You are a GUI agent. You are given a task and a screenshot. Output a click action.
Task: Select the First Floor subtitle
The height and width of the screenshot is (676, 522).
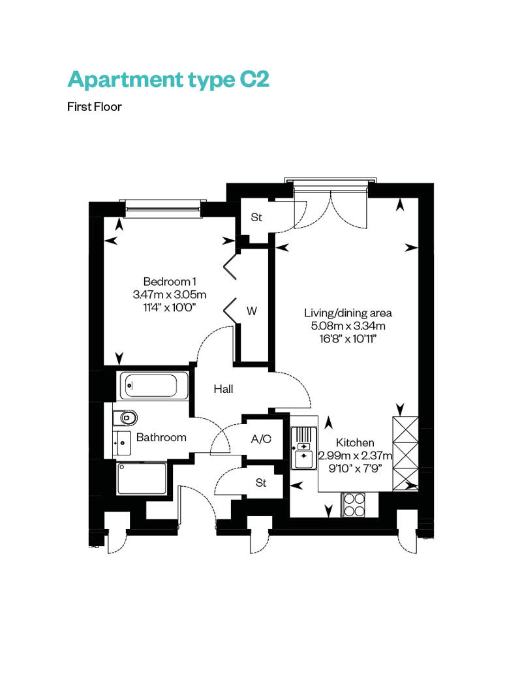click(95, 107)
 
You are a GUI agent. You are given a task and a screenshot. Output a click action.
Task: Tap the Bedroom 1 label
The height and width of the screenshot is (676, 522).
click(170, 281)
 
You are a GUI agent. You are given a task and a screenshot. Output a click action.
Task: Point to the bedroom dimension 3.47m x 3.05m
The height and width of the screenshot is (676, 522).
click(170, 295)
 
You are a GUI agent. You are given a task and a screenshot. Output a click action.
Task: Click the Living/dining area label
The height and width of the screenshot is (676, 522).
click(348, 313)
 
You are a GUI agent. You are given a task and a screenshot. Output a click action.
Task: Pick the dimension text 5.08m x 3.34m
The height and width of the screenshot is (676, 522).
click(348, 326)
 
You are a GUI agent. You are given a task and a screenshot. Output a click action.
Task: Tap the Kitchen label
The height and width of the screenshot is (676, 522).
click(355, 442)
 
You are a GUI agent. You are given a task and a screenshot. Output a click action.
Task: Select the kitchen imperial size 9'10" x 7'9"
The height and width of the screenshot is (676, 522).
click(355, 469)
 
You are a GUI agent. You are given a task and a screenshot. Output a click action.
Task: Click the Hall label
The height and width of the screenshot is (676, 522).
click(223, 389)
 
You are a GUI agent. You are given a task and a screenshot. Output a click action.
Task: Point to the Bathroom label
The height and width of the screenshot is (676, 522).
click(161, 437)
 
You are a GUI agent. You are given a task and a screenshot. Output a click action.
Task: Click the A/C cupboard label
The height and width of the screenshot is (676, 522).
click(261, 439)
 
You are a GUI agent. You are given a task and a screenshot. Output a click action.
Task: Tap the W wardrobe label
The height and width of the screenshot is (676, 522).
click(252, 311)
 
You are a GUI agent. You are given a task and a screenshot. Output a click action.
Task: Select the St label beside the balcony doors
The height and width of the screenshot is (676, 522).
click(256, 217)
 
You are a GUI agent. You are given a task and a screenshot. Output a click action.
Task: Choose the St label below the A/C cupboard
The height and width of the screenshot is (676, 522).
click(261, 482)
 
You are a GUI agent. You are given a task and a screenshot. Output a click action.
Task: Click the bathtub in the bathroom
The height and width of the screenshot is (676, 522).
click(153, 386)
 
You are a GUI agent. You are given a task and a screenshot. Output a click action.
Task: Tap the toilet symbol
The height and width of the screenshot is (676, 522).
click(125, 418)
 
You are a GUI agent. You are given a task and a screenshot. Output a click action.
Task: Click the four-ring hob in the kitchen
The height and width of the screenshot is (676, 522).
click(354, 504)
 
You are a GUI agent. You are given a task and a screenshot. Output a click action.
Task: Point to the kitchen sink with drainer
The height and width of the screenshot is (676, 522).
click(304, 448)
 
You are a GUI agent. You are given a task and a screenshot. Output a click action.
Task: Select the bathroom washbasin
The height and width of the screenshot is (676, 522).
click(122, 443)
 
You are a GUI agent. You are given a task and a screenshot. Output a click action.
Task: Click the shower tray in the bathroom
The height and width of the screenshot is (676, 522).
click(142, 478)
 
